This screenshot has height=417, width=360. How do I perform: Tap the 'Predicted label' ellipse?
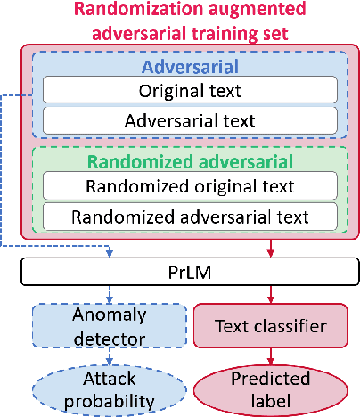(x=270, y=389)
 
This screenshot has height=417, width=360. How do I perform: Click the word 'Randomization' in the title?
(x=130, y=11)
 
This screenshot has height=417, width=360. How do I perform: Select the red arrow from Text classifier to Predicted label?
(x=270, y=357)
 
